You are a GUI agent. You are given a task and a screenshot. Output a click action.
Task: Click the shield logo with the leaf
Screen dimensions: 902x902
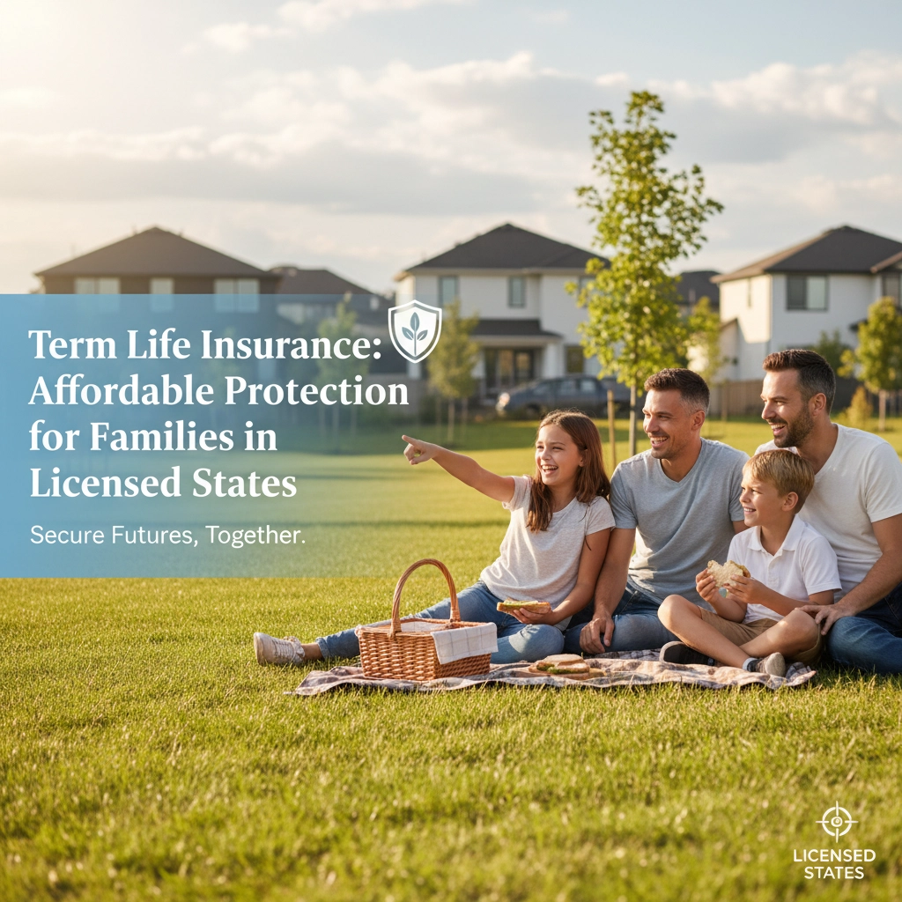(x=415, y=330)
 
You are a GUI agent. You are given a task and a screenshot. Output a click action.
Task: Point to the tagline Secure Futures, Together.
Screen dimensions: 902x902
(x=167, y=535)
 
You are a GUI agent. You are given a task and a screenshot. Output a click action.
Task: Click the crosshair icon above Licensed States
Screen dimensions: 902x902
(x=836, y=821)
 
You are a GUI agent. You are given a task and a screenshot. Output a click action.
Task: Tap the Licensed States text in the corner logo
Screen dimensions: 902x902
(x=834, y=863)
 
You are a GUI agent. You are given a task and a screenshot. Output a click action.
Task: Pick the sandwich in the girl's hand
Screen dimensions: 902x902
(x=522, y=606)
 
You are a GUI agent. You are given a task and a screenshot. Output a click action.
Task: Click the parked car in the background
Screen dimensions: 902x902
(x=564, y=397)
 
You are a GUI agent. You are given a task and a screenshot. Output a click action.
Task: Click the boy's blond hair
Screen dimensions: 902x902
(x=779, y=473)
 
